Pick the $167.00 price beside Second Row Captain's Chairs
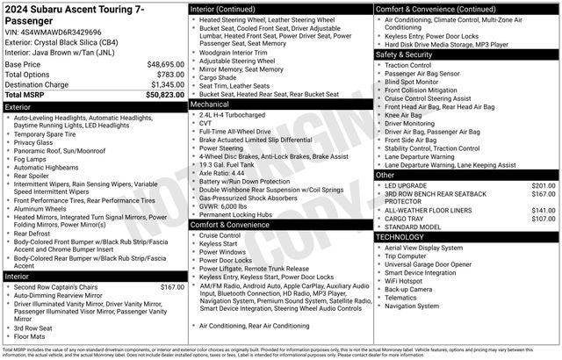click(x=172, y=287)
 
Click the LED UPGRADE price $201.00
click(x=544, y=186)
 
